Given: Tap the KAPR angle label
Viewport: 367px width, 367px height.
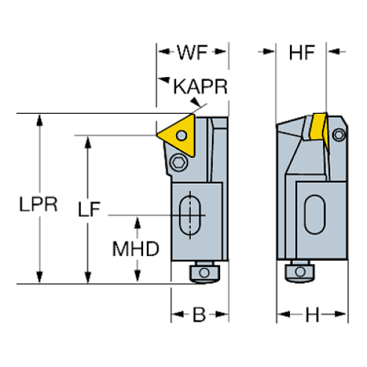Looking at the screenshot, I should pos(199,88).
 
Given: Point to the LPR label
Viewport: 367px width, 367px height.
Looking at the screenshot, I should pos(37,204).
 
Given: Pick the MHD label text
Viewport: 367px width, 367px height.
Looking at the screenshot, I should pos(136,249).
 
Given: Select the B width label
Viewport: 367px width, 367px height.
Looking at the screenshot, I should pos(199,314).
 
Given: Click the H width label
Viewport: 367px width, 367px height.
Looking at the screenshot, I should pos(312,314).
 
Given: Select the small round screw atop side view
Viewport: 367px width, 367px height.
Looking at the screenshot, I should pos(339,134).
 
